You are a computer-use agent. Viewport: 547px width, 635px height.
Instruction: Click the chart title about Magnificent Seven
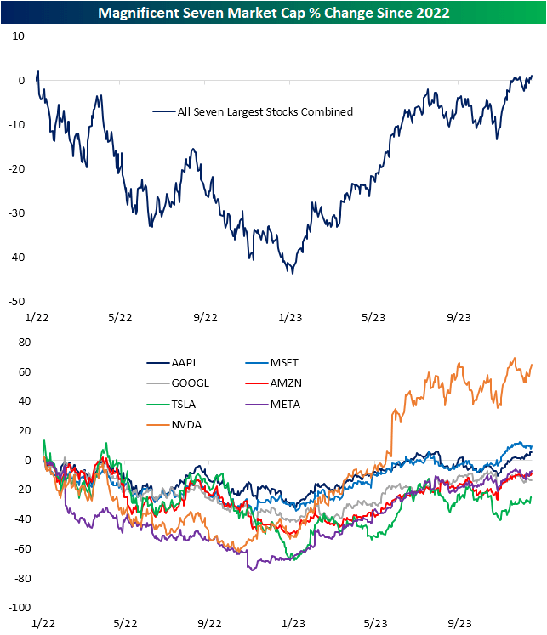(273, 13)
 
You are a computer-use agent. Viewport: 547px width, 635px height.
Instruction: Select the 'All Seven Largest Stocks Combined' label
(252, 111)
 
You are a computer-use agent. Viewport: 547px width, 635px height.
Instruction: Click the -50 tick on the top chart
(17, 302)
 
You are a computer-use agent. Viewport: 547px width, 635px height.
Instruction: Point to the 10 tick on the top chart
(20, 37)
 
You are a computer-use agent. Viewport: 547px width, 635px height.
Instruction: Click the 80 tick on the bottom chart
(20, 343)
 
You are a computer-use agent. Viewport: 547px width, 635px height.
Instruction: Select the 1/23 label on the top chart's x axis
(291, 317)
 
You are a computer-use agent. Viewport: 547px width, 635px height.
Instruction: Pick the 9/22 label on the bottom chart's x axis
(206, 624)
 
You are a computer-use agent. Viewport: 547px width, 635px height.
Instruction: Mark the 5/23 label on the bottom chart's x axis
(375, 624)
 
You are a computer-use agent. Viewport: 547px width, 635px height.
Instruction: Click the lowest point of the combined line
(292, 273)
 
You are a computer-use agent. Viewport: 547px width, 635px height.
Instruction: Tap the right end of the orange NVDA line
(533, 365)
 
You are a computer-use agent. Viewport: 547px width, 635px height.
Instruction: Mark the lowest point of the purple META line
(251, 570)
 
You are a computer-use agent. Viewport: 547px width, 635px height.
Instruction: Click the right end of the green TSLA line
(533, 497)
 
